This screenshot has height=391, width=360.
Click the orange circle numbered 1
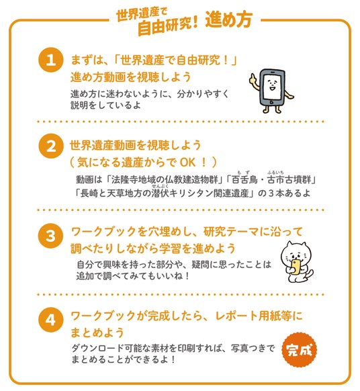point(50,60)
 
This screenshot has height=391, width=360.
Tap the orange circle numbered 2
point(50,146)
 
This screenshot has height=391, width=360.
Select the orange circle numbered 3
point(50,236)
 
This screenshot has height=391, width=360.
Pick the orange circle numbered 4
point(50,320)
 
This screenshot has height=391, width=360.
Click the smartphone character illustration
point(272,91)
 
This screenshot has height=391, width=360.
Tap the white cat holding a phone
point(297,262)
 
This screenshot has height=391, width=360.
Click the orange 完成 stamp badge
point(299,350)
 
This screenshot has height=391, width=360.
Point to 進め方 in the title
point(229,19)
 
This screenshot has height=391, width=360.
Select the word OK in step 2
point(187,163)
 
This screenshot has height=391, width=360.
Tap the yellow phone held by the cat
point(296,267)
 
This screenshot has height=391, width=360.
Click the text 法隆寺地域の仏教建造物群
point(165,179)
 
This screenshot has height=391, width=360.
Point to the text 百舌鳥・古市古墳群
point(272,179)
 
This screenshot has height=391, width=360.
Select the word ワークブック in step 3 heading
point(103,232)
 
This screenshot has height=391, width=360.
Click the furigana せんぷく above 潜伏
point(160,186)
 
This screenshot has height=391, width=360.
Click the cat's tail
point(309,274)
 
